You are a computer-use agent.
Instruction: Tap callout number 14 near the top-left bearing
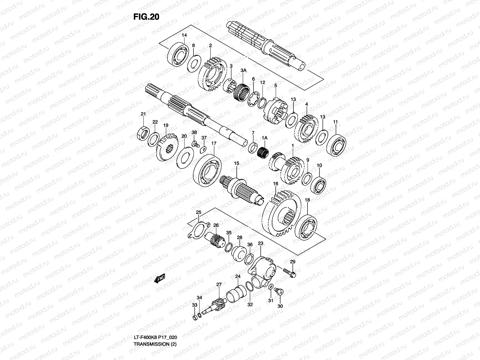(184, 35)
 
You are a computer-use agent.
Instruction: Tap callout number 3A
(243, 70)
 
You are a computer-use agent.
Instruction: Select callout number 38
(194, 132)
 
